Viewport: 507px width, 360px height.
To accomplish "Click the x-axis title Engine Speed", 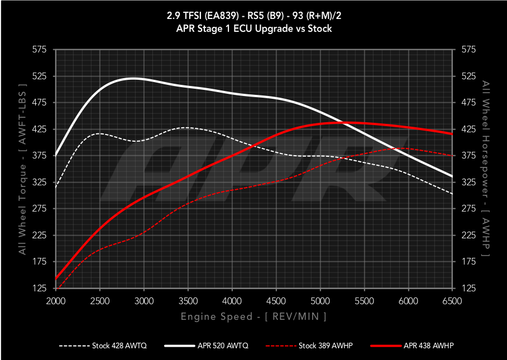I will [x=253, y=316].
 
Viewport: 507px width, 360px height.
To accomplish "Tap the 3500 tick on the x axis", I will [x=188, y=301].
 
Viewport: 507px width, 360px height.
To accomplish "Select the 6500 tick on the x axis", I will [x=452, y=301].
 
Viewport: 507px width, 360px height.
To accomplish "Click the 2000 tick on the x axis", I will [x=56, y=301].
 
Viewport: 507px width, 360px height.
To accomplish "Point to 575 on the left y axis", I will [x=39, y=50].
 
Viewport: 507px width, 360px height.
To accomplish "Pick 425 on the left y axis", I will [x=39, y=129].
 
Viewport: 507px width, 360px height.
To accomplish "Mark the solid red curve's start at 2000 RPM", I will [x=56, y=279].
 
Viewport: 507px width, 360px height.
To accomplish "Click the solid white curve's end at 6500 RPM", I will [x=452, y=176].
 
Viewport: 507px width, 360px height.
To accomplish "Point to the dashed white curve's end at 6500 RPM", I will [x=452, y=194].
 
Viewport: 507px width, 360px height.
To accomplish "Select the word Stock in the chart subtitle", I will [x=319, y=28].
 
